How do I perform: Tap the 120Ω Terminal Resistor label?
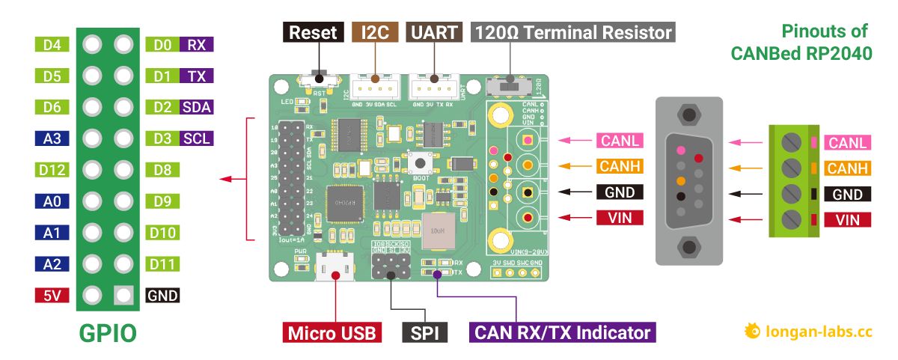[x=572, y=32]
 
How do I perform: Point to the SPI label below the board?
[x=424, y=332]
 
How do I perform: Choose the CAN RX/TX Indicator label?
[x=562, y=332]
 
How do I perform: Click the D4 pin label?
[x=52, y=45]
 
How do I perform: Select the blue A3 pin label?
[x=52, y=138]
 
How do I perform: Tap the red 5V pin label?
[x=52, y=295]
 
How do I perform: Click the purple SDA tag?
[x=197, y=107]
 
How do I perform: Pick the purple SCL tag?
[x=197, y=138]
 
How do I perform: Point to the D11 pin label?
[x=162, y=263]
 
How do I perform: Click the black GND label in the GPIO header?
[x=162, y=295]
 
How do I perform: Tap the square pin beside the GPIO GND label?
[x=123, y=295]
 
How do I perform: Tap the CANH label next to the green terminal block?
[x=847, y=168]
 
